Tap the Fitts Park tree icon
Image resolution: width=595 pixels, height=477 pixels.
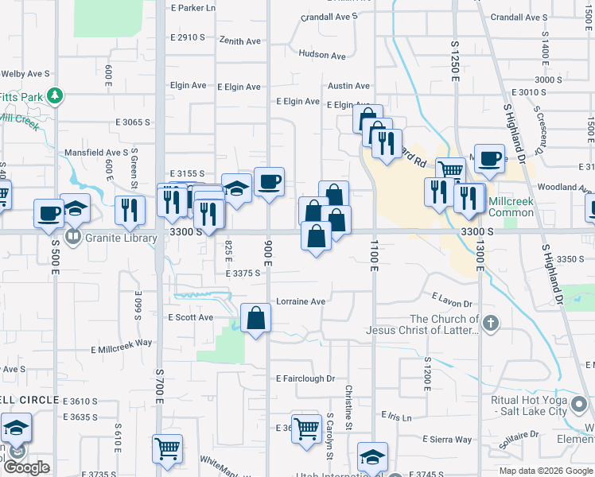click(55, 97)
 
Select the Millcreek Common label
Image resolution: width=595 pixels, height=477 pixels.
click(511, 207)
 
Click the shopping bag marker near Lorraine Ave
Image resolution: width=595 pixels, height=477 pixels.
click(255, 318)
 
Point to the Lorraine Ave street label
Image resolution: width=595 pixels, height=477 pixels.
click(301, 302)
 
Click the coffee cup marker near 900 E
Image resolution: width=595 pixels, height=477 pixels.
click(269, 182)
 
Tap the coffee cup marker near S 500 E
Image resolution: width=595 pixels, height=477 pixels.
click(49, 213)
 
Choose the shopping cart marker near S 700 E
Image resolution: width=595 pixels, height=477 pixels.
click(167, 449)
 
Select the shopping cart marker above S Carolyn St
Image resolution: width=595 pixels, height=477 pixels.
click(305, 428)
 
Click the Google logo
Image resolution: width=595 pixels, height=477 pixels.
click(26, 467)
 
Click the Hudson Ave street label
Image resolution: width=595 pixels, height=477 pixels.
click(322, 56)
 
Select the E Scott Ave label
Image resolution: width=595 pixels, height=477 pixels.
click(191, 317)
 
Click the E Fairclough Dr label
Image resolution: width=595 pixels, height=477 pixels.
click(305, 379)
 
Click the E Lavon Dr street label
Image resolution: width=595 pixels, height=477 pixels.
click(452, 299)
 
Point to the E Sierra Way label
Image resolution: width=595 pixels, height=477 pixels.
click(448, 439)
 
